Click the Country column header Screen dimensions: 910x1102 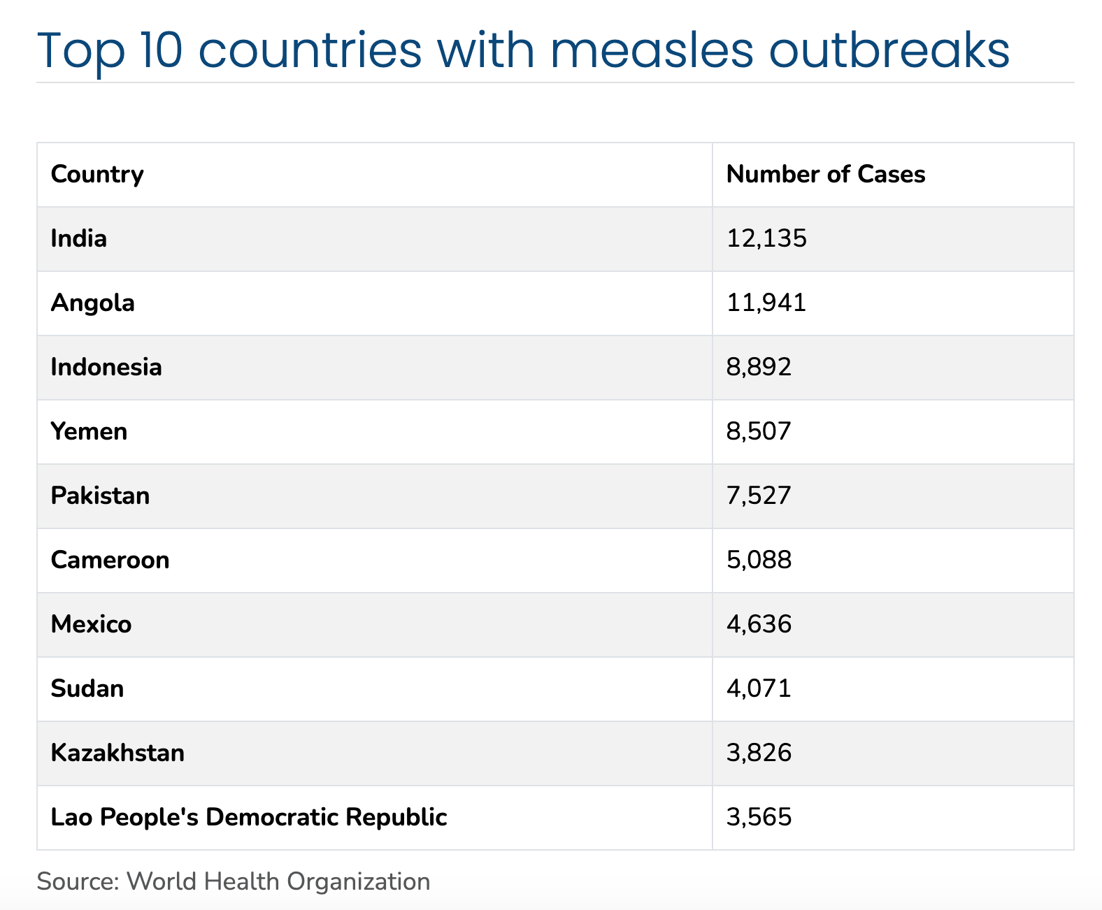[x=97, y=174]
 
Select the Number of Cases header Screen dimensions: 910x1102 [x=826, y=174]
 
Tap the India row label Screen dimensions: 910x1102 [x=79, y=238]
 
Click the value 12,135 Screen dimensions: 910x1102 [x=766, y=238]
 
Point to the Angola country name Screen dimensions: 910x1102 [x=93, y=303]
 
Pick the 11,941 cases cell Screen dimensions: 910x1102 [x=766, y=303]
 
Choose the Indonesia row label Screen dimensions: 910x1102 [x=106, y=367]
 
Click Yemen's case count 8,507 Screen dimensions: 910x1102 [x=759, y=431]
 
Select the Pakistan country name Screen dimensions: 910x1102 [x=101, y=496]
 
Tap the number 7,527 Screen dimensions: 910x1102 [x=759, y=496]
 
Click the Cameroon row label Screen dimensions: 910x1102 [x=110, y=560]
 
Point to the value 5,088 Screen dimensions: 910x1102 [x=759, y=560]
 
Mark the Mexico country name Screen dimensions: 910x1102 [x=92, y=624]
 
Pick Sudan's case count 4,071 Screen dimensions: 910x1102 [x=759, y=688]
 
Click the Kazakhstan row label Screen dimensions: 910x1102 [x=118, y=753]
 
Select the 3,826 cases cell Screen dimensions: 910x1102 [x=759, y=753]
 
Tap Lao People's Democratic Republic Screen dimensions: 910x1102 [x=249, y=817]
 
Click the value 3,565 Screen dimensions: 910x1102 [x=759, y=817]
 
